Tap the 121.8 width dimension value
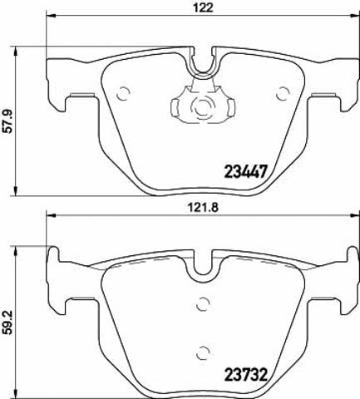coord(201,207)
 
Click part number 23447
coord(245,171)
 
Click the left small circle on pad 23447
coord(123,94)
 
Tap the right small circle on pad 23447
coord(283,94)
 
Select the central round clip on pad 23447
coord(203,106)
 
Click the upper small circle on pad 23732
coord(203,304)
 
